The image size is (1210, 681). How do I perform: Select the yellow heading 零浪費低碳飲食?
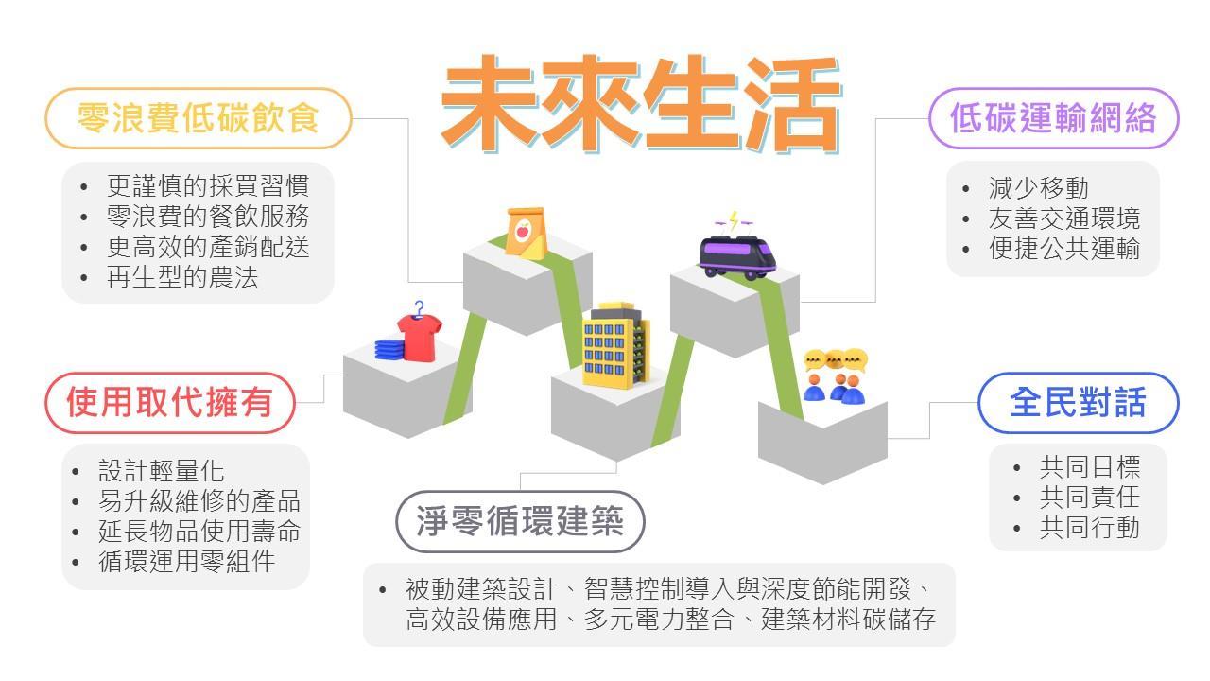[x=199, y=118]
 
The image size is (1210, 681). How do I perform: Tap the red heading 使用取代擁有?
[x=170, y=402]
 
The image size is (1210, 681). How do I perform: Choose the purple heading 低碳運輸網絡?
[x=1053, y=118]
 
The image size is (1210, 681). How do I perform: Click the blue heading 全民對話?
[x=1078, y=402]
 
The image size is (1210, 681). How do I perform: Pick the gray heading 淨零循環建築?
[x=520, y=520]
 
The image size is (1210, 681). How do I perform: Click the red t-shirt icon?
[x=420, y=335]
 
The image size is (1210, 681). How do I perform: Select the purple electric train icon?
[x=737, y=255]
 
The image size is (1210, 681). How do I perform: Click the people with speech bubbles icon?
[x=835, y=375]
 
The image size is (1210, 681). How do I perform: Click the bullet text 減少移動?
[x=1026, y=187]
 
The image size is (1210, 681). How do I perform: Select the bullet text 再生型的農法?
[x=182, y=277]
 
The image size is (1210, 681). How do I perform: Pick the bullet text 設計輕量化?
[x=162, y=470]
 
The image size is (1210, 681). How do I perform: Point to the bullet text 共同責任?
[x=1090, y=497]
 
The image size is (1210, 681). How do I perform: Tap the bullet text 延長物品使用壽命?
[x=199, y=531]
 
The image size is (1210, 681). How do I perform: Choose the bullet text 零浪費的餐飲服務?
[x=208, y=217]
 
